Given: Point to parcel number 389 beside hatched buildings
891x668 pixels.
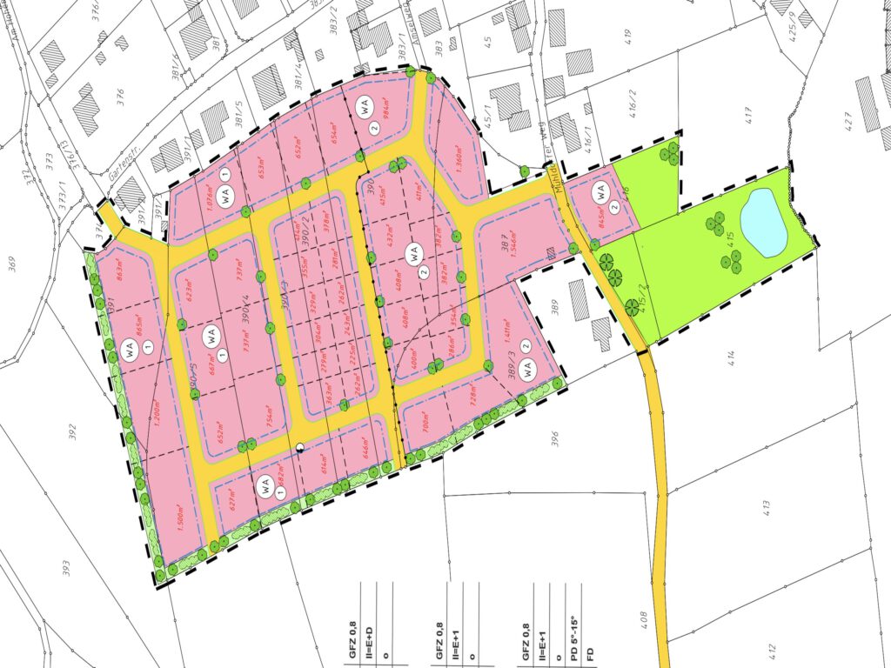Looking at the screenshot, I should pyautogui.click(x=554, y=308).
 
